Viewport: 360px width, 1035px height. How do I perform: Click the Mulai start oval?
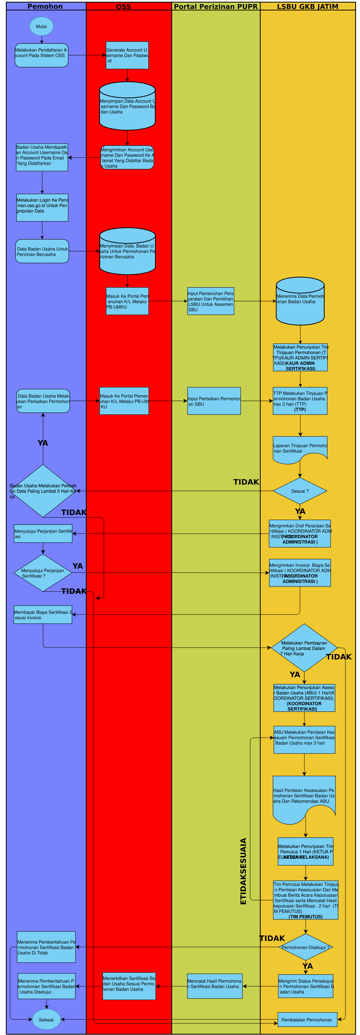[41, 26]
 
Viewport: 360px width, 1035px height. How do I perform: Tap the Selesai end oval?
[46, 1019]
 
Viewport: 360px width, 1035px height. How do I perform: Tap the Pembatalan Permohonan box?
[307, 1019]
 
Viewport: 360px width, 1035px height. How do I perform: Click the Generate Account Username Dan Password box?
[127, 55]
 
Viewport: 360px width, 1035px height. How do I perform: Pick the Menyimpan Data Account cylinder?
[127, 106]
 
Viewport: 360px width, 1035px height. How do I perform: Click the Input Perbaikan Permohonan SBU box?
[214, 401]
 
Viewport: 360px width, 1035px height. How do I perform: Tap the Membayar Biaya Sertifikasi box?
[43, 615]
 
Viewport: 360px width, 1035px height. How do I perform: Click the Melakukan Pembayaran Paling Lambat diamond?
[304, 648]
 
